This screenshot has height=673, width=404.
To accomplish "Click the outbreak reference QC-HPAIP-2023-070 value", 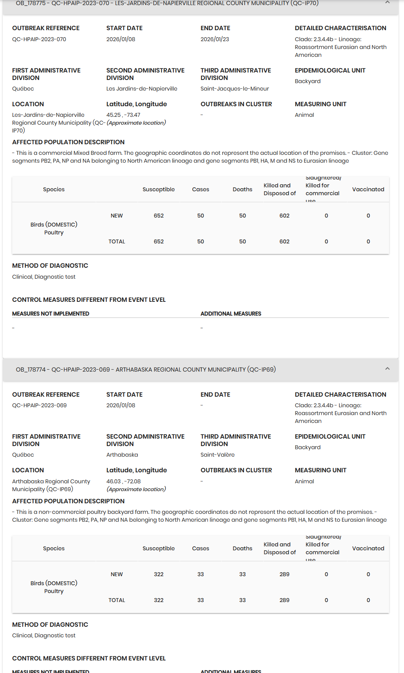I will pos(39,39).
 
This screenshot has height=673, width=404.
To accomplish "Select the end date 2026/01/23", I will pos(215,39).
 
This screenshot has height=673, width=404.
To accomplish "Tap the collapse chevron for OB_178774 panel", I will pos(387,369).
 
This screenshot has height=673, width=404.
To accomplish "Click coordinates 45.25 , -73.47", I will pos(123,115).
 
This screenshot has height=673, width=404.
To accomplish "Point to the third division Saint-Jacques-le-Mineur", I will pos(235,89).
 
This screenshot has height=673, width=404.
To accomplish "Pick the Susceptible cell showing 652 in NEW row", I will pos(158,216).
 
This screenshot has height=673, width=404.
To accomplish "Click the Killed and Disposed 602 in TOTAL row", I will pos(284,241).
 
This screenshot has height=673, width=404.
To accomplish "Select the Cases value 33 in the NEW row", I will pos(200,574).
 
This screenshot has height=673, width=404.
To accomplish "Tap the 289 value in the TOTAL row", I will pos(284,600).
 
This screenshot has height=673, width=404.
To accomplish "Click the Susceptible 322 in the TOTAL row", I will pos(158,600).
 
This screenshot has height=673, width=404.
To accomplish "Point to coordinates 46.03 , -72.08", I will pos(123,481).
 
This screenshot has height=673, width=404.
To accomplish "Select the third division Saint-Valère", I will pos(217,455).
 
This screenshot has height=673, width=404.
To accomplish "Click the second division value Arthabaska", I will pos(122,455).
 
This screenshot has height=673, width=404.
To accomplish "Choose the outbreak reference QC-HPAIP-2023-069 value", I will pos(39,405).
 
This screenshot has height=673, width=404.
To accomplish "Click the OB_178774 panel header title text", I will pos(146,369).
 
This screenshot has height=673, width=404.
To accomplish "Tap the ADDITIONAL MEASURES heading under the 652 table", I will pos(231,314).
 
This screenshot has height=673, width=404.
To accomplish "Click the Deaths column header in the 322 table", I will pos(242,548).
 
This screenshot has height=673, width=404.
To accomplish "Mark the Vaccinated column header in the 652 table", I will pos(368,189).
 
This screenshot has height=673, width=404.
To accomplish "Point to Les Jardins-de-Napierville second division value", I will pos(142,89).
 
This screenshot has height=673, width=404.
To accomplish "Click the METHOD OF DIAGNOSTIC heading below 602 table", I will pos(50,265).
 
